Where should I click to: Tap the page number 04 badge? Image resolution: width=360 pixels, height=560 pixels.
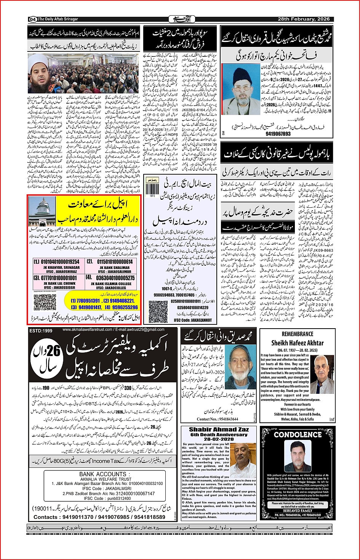32,19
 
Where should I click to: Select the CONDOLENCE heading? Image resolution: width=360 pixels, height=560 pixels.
298,435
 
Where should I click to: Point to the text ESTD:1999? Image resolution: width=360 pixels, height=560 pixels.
41,331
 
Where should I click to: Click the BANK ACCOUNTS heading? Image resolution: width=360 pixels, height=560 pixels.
102,474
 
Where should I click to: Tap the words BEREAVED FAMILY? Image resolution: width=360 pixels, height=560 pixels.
298,510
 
